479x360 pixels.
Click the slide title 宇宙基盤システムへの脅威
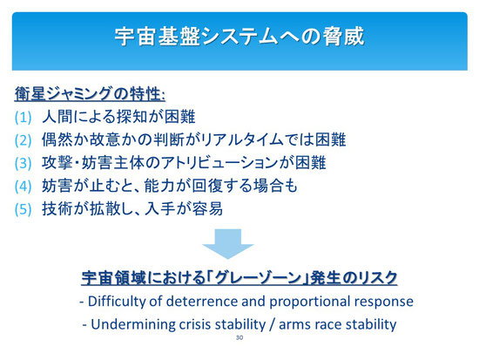(239, 37)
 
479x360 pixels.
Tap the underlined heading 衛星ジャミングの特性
(90, 93)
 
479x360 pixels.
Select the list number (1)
(23, 117)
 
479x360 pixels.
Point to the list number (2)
(23, 140)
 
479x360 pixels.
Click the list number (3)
(23, 163)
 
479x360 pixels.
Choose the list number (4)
(23, 187)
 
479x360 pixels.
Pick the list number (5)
(23, 209)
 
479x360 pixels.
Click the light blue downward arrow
(228, 244)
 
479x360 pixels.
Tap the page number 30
(239, 337)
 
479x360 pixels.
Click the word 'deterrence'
(202, 302)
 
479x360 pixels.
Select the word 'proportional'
(310, 302)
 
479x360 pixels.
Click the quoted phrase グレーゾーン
(258, 278)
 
